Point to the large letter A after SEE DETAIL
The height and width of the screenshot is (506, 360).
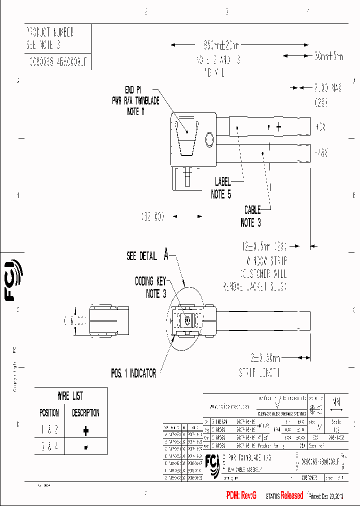pyautogui.click(x=166, y=255)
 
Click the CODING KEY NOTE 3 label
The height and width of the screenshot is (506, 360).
pyautogui.click(x=150, y=287)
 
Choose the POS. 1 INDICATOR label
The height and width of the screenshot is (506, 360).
pyautogui.click(x=133, y=373)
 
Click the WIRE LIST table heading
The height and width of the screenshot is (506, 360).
pyautogui.click(x=70, y=396)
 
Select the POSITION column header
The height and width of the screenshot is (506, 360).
pyautogui.click(x=49, y=413)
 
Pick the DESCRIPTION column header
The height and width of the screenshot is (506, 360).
pyautogui.click(x=85, y=413)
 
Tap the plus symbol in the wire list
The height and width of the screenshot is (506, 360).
pyautogui.click(x=85, y=430)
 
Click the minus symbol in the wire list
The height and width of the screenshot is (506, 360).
pyautogui.click(x=85, y=447)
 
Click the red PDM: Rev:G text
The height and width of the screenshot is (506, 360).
pyautogui.click(x=241, y=495)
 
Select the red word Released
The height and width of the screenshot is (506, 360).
pyautogui.click(x=291, y=495)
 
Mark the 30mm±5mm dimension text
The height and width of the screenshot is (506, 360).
pyautogui.click(x=329, y=56)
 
